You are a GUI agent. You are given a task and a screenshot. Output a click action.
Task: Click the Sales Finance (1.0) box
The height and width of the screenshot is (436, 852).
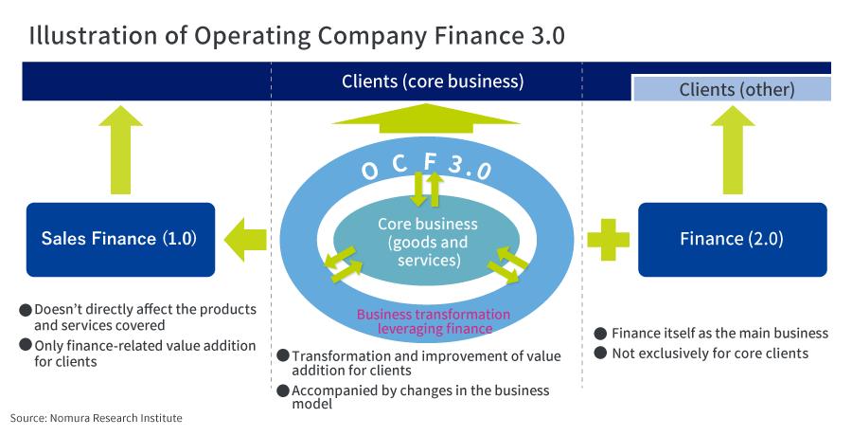[120, 238]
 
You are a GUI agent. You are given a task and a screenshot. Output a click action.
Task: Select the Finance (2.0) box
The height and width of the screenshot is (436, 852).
[732, 238]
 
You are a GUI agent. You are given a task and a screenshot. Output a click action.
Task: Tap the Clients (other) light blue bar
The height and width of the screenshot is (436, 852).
[731, 90]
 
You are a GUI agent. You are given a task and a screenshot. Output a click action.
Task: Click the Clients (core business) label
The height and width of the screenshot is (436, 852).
[432, 82]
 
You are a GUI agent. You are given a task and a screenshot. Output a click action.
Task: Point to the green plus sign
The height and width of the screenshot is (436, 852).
[608, 238]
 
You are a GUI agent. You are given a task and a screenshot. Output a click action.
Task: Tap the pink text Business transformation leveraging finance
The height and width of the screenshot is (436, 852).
[433, 321]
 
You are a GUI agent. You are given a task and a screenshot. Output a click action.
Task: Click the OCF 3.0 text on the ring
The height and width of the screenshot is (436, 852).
[426, 167]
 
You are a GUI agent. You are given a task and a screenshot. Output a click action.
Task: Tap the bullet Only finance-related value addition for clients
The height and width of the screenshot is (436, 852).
[144, 354]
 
